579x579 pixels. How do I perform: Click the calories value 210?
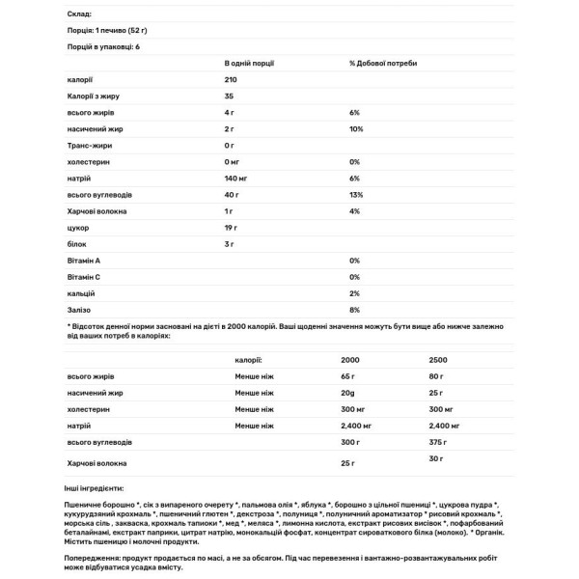[x=232, y=80]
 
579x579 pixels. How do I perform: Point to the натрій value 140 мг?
[x=236, y=178]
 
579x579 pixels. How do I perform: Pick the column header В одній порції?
[x=252, y=62]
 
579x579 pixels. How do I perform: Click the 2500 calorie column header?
[x=438, y=358]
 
